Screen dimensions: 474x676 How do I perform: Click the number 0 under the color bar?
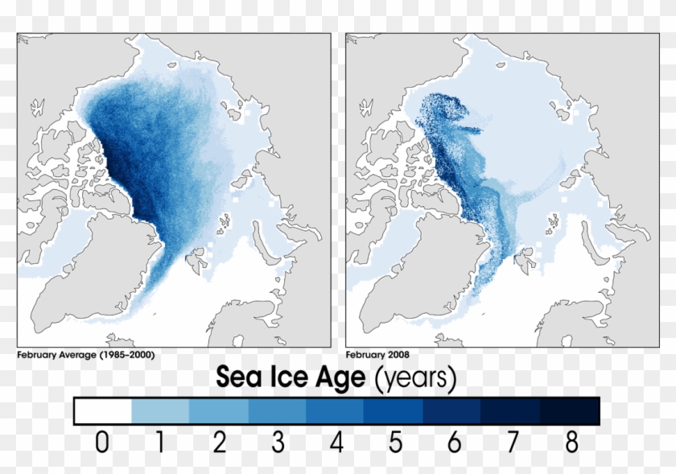[x=101, y=443]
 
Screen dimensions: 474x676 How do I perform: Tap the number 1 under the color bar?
[x=160, y=443]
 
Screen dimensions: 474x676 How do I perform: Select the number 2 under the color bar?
[x=219, y=443]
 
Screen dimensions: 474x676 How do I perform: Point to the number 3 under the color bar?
[x=278, y=443]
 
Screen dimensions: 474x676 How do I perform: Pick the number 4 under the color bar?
[x=336, y=443]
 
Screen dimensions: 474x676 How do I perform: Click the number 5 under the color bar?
[x=395, y=443]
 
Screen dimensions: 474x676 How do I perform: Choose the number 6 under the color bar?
[x=454, y=443]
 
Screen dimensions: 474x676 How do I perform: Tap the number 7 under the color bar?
[x=513, y=443]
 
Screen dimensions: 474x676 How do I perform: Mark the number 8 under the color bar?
[x=571, y=443]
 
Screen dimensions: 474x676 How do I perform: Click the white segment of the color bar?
[x=103, y=411]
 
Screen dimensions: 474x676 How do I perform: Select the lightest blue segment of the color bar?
[x=160, y=411]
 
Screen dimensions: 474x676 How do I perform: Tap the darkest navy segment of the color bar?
[x=571, y=411]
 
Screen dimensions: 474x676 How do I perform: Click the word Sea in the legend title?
[x=245, y=377]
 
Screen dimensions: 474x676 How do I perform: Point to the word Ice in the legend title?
[x=299, y=377]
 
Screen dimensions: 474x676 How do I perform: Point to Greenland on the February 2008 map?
[x=410, y=266]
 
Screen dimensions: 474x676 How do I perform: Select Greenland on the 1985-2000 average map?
[x=84, y=266]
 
